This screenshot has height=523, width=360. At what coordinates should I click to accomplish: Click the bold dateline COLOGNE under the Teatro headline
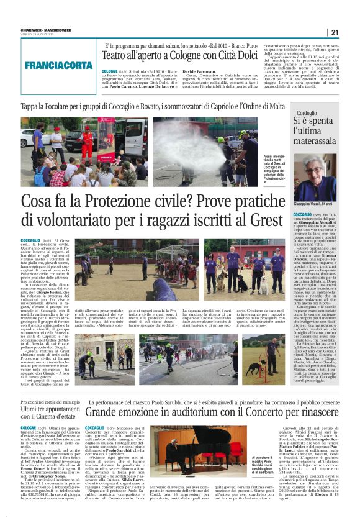coord(112,71)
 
